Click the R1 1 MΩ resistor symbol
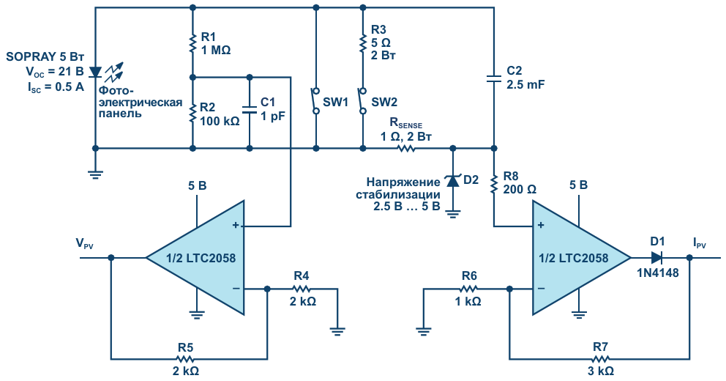tap(192, 42)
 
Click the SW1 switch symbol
tap(315, 100)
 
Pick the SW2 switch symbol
tap(363, 100)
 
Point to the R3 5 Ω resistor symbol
tap(363, 42)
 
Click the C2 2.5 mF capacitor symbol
tap(494, 78)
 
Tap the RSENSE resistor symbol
tap(406, 148)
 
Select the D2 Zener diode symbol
tap(453, 180)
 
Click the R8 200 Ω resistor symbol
tap(494, 184)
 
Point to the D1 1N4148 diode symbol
tap(656, 257)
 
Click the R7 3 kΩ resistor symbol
tap(600, 359)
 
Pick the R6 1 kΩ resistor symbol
tap(468, 289)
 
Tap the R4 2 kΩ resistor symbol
tap(302, 289)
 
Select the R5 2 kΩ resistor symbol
tap(184, 359)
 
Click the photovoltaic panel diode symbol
tap(95, 72)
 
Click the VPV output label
tap(85, 243)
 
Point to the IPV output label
tap(700, 243)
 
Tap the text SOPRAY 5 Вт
tap(45, 57)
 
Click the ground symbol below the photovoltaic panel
tap(95, 174)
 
